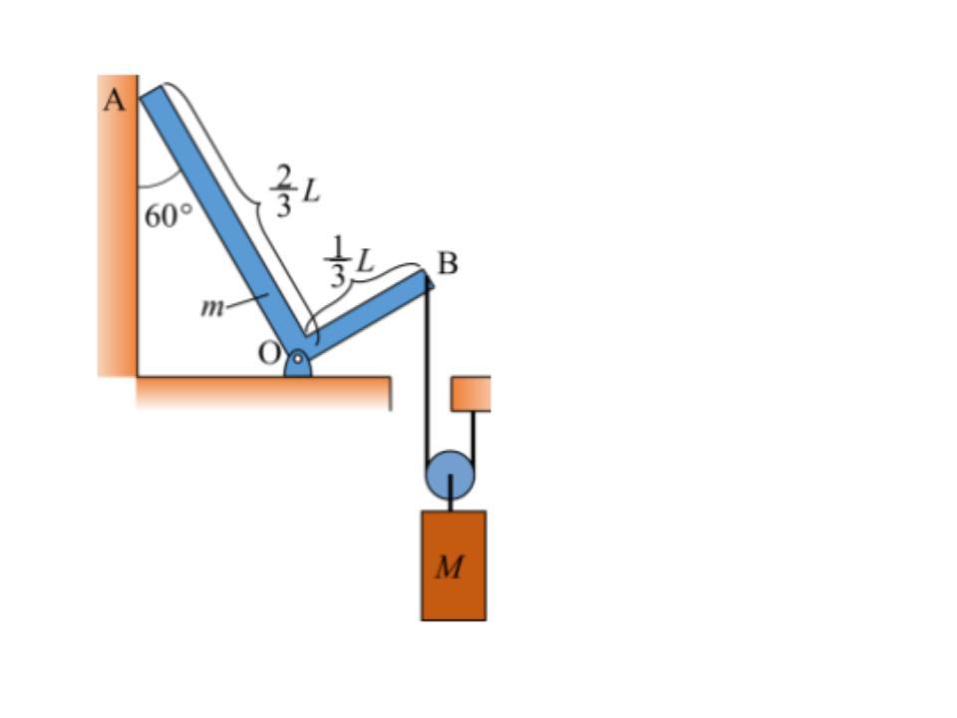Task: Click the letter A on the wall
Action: (114, 100)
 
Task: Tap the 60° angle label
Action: (167, 214)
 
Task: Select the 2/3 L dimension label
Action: (295, 190)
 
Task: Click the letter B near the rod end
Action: (448, 263)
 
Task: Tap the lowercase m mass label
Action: (211, 306)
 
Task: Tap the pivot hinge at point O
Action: (297, 363)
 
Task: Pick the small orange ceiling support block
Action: (471, 393)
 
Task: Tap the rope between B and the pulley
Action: (427, 369)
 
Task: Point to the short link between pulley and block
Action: (451, 502)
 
